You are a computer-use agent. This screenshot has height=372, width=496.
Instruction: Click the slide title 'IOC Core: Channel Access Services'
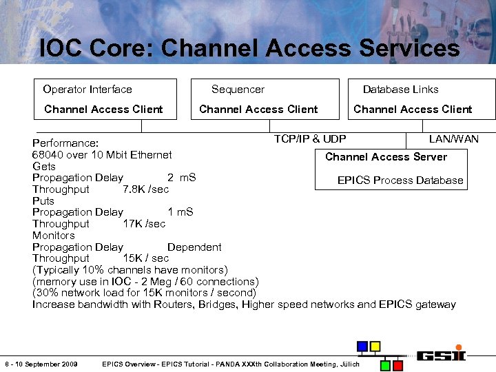pyautogui.click(x=249, y=48)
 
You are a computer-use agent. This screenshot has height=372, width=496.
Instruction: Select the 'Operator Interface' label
pyautogui.click(x=87, y=90)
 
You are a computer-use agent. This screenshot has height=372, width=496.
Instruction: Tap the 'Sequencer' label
pyautogui.click(x=238, y=90)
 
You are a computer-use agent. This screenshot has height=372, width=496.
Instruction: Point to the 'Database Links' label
pyautogui.click(x=400, y=90)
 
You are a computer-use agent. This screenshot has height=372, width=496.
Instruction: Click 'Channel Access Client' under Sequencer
pyautogui.click(x=258, y=110)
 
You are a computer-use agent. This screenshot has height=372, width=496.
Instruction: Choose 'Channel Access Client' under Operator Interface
pyautogui.click(x=103, y=110)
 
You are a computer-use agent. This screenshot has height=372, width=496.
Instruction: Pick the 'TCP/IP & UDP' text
pyautogui.click(x=310, y=139)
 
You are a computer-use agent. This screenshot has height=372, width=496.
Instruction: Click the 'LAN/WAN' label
pyautogui.click(x=453, y=139)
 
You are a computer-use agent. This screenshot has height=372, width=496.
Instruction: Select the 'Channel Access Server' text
pyautogui.click(x=386, y=157)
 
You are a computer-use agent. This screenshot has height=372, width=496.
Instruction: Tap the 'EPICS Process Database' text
pyautogui.click(x=400, y=180)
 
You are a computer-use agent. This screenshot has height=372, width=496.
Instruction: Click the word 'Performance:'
pyautogui.click(x=65, y=143)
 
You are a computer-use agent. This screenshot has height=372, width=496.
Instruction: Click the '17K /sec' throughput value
pyautogui.click(x=144, y=224)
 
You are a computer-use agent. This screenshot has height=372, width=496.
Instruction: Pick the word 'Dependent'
pyautogui.click(x=194, y=247)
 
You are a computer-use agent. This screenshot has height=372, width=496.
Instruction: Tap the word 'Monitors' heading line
pyautogui.click(x=54, y=236)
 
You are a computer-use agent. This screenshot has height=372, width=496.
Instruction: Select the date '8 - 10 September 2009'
pyautogui.click(x=41, y=364)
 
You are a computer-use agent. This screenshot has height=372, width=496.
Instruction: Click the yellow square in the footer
pyautogui.click(x=375, y=346)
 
